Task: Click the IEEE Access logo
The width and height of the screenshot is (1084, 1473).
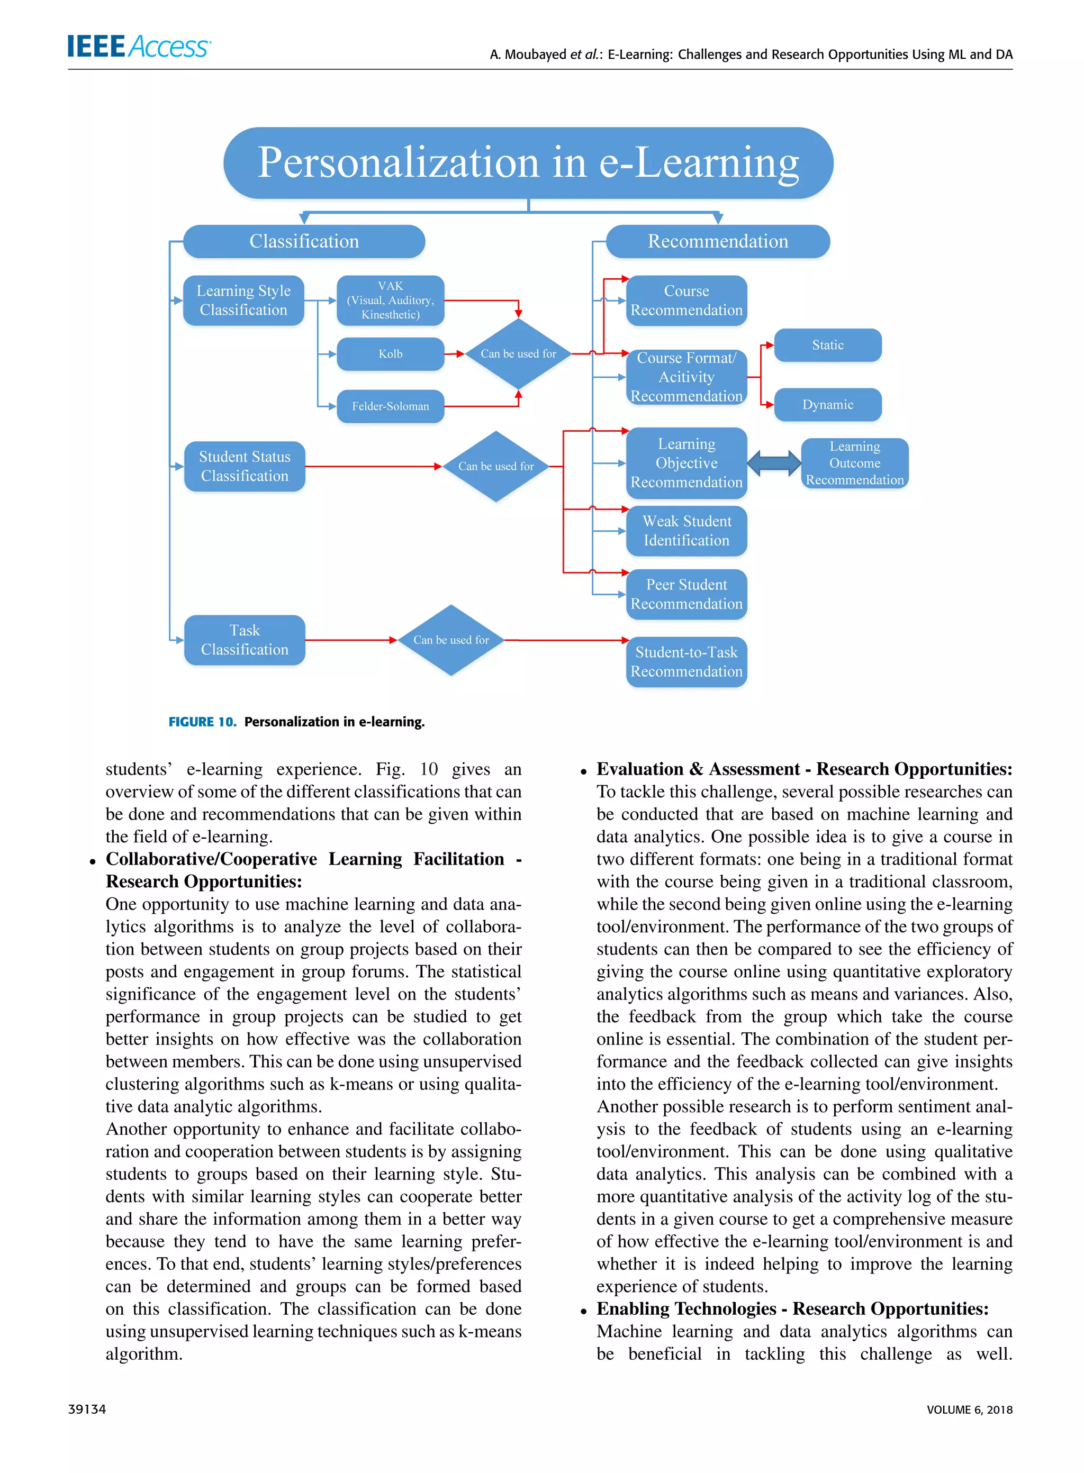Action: (139, 47)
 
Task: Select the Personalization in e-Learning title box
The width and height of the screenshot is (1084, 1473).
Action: (528, 162)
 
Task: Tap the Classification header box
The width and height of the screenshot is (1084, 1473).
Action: (304, 241)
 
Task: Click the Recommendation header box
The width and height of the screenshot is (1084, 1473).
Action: (718, 241)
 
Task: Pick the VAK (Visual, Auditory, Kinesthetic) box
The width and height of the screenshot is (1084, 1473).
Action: (391, 301)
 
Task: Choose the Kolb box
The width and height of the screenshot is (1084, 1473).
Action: (391, 354)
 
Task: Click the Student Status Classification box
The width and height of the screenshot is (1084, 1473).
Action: (244, 466)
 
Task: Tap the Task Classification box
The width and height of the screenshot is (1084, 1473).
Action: (244, 640)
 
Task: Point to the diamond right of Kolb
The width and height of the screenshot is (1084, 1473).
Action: (518, 353)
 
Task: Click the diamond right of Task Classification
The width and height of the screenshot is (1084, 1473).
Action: (451, 640)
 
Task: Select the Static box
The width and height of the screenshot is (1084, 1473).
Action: (827, 345)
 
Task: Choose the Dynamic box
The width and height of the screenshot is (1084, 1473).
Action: (827, 405)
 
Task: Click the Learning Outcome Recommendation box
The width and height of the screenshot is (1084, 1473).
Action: (854, 463)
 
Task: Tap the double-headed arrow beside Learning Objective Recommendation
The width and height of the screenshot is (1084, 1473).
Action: (774, 463)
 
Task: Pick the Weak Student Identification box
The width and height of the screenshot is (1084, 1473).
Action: (686, 531)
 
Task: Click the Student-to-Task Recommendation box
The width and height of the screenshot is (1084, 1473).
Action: (686, 662)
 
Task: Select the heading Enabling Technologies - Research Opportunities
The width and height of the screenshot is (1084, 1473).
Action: (792, 1309)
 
